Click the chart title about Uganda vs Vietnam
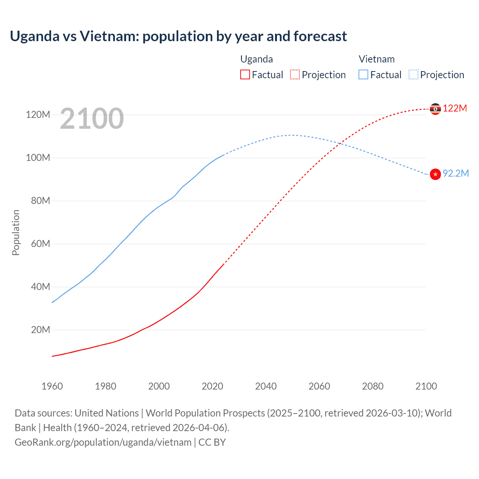pyautogui.click(x=178, y=36)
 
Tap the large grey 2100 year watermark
pyautogui.click(x=92, y=119)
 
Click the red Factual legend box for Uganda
pyautogui.click(x=245, y=74)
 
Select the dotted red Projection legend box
pyautogui.click(x=295, y=74)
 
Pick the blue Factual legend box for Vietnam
pyautogui.click(x=363, y=74)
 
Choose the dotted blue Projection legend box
pyautogui.click(x=413, y=74)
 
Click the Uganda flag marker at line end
pyautogui.click(x=435, y=109)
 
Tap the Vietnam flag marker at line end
pyautogui.click(x=435, y=174)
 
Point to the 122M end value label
pyautogui.click(x=455, y=109)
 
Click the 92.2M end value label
pyautogui.click(x=455, y=173)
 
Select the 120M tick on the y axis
pyautogui.click(x=38, y=115)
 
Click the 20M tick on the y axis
pyautogui.click(x=40, y=330)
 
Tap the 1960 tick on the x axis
pyautogui.click(x=52, y=386)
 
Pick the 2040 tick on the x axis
pyautogui.click(x=266, y=386)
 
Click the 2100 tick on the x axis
pyautogui.click(x=426, y=386)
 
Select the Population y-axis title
pyautogui.click(x=16, y=232)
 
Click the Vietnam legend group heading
pyautogui.click(x=376, y=59)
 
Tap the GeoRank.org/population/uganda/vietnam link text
pyautogui.click(x=103, y=442)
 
